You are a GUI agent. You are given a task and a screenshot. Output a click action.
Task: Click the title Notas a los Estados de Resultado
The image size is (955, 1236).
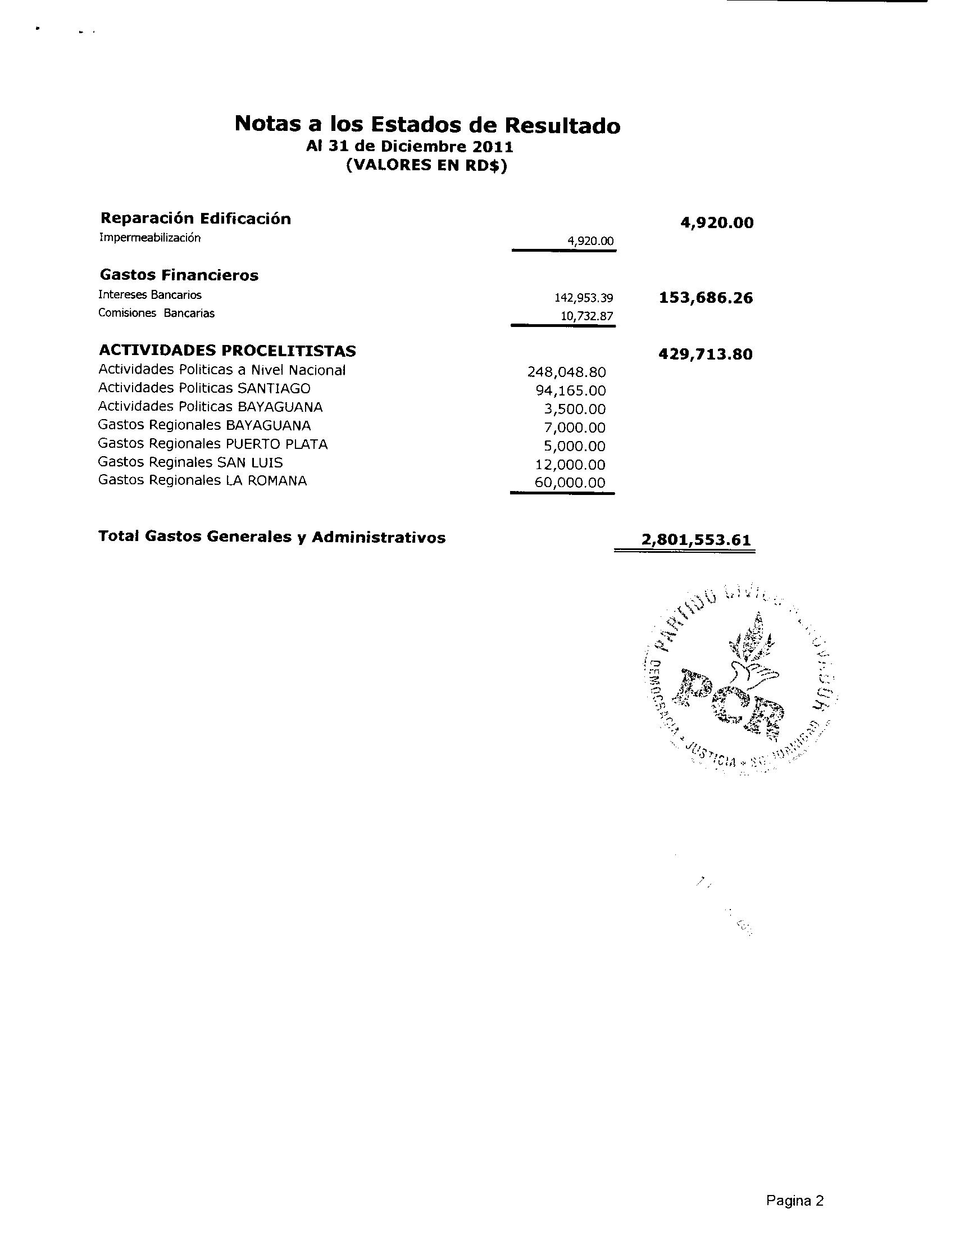tap(427, 125)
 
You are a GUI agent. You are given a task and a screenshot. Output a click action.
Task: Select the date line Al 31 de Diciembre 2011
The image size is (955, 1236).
tap(410, 147)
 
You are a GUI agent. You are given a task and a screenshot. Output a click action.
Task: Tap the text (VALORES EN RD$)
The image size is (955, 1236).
tap(426, 166)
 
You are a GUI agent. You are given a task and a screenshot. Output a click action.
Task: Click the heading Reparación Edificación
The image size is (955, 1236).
tap(195, 219)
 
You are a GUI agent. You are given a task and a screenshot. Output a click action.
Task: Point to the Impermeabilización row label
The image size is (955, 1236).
tap(149, 238)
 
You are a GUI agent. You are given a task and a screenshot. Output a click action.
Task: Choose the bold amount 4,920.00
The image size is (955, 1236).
tap(717, 223)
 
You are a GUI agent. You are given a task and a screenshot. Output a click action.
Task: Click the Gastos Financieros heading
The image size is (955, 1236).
tap(179, 276)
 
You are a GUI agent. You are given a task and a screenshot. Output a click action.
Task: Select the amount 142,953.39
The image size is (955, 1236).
tap(584, 298)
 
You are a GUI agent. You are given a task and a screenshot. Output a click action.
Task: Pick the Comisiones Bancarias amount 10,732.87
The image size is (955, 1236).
tap(586, 316)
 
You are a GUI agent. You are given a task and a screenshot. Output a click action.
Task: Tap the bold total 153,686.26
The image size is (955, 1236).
tap(706, 298)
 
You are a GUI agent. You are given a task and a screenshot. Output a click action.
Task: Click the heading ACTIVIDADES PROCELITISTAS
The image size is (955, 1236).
tap(227, 352)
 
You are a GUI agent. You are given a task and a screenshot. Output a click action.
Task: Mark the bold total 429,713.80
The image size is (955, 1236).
tap(706, 355)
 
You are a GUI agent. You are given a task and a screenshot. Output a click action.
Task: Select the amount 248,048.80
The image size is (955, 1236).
tap(566, 372)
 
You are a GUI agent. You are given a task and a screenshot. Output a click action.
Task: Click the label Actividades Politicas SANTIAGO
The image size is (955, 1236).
tap(204, 388)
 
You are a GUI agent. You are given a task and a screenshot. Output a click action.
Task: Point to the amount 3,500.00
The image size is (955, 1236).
tap(575, 409)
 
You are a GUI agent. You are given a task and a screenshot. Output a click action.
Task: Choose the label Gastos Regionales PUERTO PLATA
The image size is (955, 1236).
tap(213, 444)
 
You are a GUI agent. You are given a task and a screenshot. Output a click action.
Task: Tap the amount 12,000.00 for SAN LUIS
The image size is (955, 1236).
tap(570, 465)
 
